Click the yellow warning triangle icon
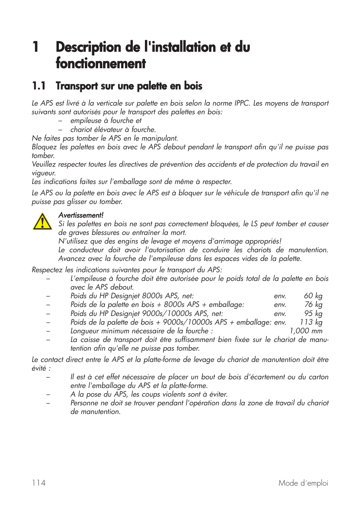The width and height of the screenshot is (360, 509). (42, 221)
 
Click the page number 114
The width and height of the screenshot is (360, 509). (39, 483)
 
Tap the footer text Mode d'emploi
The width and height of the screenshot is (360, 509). (303, 483)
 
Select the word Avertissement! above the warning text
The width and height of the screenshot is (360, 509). (81, 215)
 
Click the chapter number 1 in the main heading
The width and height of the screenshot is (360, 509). (35, 47)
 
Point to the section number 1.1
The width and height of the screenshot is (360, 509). (39, 86)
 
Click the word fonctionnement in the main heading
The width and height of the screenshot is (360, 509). (101, 63)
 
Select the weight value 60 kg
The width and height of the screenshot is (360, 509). (313, 296)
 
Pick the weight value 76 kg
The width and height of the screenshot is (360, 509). (313, 305)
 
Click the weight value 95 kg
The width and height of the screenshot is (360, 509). (313, 313)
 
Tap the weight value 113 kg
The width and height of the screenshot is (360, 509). (311, 322)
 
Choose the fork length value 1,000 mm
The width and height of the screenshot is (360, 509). (306, 331)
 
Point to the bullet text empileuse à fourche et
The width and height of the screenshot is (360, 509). (106, 121)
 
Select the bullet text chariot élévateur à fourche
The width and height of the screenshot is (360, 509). (113, 129)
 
